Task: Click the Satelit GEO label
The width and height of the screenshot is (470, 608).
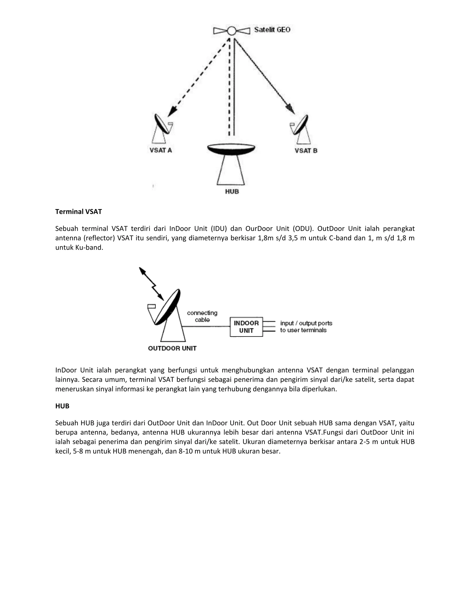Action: tap(272, 30)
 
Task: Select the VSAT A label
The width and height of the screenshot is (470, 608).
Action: tap(161, 150)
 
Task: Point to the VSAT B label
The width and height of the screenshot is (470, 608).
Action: tap(306, 151)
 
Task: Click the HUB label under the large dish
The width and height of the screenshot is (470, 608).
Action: tap(232, 192)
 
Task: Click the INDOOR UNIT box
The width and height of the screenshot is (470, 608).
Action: tap(246, 327)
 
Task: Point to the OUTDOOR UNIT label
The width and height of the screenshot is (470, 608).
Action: tap(172, 349)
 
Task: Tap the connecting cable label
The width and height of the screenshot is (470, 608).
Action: tap(202, 316)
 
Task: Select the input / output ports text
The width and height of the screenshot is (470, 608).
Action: tap(306, 323)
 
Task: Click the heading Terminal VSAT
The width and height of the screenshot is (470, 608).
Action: tap(78, 212)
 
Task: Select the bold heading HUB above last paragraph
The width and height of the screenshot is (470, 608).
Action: tap(62, 406)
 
